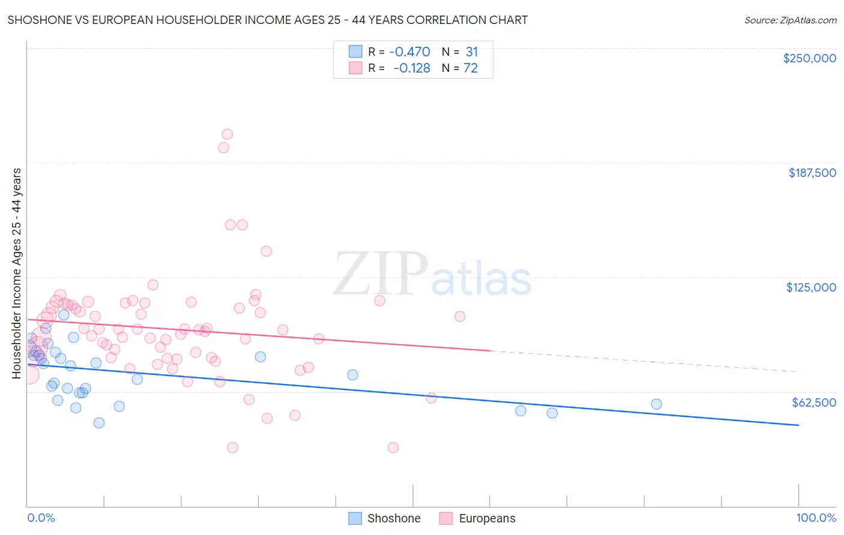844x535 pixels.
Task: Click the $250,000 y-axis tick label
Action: point(809,58)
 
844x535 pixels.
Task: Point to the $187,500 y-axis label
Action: point(812,173)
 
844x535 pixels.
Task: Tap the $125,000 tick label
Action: point(811,287)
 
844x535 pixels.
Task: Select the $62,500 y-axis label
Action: point(813,402)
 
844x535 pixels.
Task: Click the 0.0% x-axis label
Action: point(41,518)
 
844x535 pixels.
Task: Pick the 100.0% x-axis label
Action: point(816,518)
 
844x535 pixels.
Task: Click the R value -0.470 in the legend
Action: point(409,52)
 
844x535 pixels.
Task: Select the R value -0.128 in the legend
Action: point(412,68)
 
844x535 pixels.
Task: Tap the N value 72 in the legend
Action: point(471,68)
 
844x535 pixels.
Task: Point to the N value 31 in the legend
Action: point(472,52)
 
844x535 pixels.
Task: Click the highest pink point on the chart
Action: point(227,134)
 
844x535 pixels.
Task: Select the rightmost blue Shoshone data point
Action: point(656,404)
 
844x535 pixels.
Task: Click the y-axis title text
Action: point(17,273)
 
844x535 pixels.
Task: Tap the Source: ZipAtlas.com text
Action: point(790,20)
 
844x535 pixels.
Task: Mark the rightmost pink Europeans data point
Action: point(460,316)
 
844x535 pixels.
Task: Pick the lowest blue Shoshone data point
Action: point(99,423)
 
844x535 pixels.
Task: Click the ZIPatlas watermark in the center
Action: point(432,274)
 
